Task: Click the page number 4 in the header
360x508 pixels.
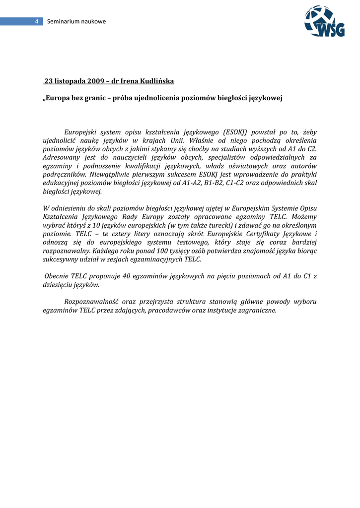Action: click(36, 21)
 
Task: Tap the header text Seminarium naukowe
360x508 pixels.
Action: click(76, 21)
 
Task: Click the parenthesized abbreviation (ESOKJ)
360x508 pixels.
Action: click(237, 132)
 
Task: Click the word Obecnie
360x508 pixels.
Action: click(57, 276)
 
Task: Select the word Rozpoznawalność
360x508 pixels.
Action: click(92, 302)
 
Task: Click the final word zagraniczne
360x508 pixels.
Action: click(258, 310)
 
